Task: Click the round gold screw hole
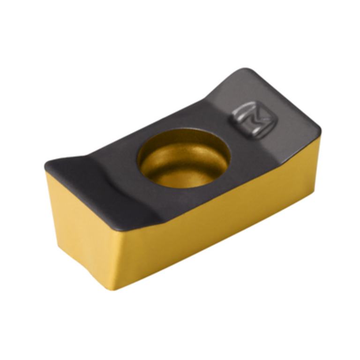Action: (x=184, y=158)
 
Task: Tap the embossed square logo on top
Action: (x=255, y=121)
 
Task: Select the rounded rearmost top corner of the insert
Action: (x=245, y=70)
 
